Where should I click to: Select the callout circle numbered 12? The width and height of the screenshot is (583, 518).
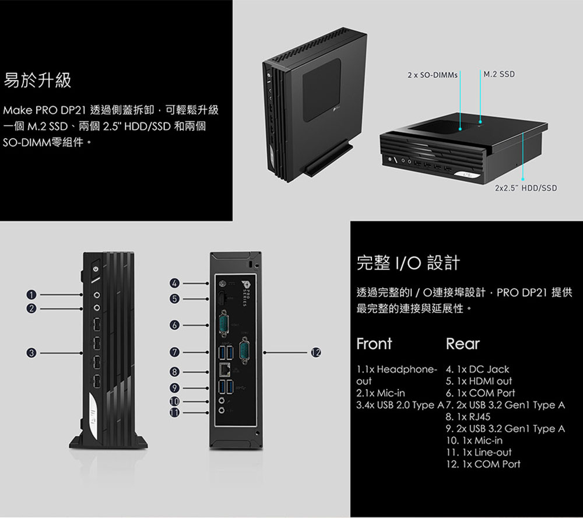point(315,352)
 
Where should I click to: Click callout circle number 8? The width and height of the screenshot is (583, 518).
point(174,372)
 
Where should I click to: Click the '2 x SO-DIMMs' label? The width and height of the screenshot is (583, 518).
point(433,75)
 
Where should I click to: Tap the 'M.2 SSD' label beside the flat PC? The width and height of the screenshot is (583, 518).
point(499,75)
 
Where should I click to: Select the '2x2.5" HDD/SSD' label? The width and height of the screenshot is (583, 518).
point(525,188)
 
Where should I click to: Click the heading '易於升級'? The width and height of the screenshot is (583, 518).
point(38,80)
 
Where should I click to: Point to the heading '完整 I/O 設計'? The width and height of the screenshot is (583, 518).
point(408,263)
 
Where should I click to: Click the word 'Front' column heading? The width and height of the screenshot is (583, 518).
point(374,344)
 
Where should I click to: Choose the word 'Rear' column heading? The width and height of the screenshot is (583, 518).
point(462,344)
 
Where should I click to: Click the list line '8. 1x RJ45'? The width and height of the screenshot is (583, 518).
point(468,416)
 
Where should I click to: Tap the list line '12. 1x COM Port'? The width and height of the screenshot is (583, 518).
point(483,464)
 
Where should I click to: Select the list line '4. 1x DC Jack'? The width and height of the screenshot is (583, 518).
point(477,369)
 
